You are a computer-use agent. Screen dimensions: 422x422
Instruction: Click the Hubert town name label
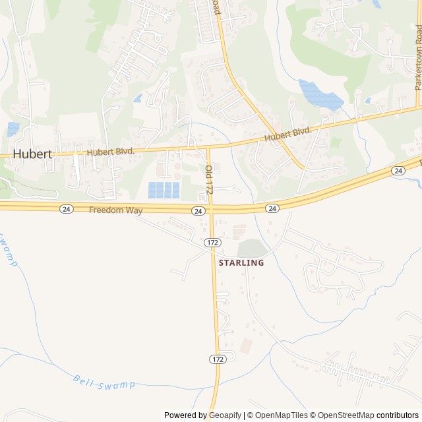pyautogui.click(x=32, y=154)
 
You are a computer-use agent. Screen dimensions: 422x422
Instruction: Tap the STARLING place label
pyautogui.click(x=241, y=262)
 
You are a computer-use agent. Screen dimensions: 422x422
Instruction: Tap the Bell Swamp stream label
pyautogui.click(x=104, y=382)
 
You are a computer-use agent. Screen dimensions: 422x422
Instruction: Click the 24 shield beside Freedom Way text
pyautogui.click(x=66, y=209)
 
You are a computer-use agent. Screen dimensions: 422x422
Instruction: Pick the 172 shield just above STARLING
pyautogui.click(x=212, y=243)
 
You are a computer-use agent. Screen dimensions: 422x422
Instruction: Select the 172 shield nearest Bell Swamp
pyautogui.click(x=218, y=359)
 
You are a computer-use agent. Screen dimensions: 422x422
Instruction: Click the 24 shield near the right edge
pyautogui.click(x=398, y=171)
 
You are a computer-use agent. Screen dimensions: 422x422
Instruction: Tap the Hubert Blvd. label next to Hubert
pyautogui.click(x=110, y=152)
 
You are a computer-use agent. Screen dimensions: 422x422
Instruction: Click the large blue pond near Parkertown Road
pyautogui.click(x=321, y=96)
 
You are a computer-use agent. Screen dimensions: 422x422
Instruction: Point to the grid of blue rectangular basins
pyautogui.click(x=164, y=190)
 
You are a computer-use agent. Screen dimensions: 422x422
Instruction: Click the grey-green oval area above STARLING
pyautogui.click(x=253, y=249)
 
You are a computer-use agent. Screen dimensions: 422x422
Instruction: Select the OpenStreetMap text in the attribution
pyautogui.click(x=344, y=415)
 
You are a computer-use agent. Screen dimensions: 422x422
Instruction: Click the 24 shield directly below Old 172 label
pyautogui.click(x=198, y=211)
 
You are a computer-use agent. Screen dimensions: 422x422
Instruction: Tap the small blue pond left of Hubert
pyautogui.click(x=13, y=129)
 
